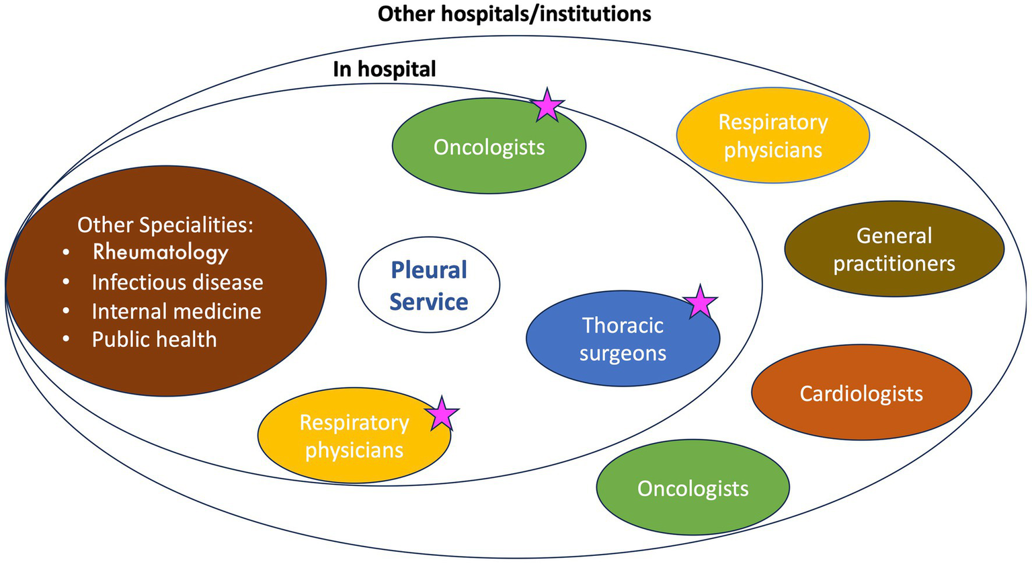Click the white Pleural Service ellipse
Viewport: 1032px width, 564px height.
(429, 285)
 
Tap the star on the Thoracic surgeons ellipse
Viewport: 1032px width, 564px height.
(700, 303)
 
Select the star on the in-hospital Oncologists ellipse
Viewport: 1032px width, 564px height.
(547, 105)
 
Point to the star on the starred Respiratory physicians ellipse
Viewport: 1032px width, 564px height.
(442, 413)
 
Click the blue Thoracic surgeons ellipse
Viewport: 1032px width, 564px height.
(623, 338)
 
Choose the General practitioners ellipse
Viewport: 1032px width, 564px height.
(894, 249)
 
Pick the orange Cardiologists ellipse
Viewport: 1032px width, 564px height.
(861, 392)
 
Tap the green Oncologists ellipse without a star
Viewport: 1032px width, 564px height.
(693, 487)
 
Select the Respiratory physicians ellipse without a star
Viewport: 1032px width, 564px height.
(773, 136)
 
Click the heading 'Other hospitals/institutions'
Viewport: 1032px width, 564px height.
(514, 14)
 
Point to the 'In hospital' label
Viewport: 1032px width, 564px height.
(385, 69)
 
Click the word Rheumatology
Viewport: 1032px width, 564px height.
(160, 253)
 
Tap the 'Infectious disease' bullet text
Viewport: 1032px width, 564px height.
(177, 282)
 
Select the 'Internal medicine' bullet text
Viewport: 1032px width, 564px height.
(176, 311)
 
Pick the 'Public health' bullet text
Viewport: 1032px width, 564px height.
(155, 339)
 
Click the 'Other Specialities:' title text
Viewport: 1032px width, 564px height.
(165, 225)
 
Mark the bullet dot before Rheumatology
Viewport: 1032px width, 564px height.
(67, 253)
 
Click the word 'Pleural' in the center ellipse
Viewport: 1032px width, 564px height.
(429, 270)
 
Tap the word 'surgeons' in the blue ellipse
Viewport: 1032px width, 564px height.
(623, 354)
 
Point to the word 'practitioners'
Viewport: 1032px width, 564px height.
(894, 264)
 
